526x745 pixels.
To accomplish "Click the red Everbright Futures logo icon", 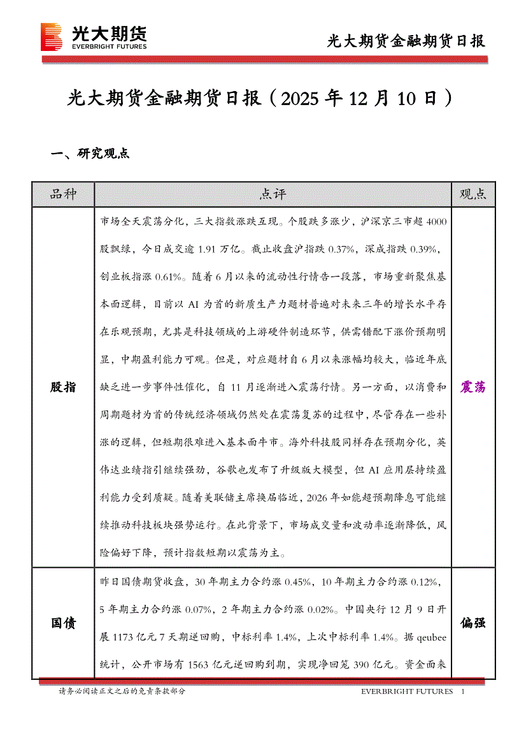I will [51, 36].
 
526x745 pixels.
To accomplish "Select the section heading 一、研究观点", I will [90, 154].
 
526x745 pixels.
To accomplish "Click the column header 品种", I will [63, 194].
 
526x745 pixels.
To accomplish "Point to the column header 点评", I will [273, 194].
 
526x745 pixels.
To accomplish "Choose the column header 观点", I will [473, 194].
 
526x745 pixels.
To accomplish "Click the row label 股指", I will [63, 387].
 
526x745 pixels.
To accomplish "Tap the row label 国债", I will [63, 623].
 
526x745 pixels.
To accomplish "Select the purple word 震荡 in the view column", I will [473, 387].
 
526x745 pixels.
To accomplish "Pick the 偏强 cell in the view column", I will [473, 623].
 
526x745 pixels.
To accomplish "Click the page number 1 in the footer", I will [463, 691].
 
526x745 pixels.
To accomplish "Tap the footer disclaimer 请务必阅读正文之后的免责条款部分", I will [122, 691].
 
